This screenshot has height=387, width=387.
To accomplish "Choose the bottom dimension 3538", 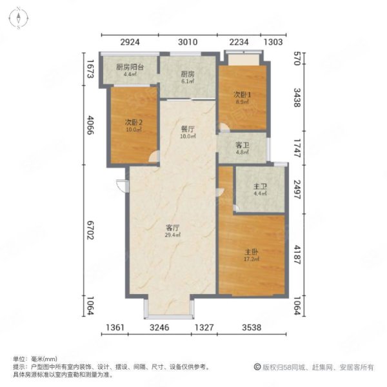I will (x=252, y=328).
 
